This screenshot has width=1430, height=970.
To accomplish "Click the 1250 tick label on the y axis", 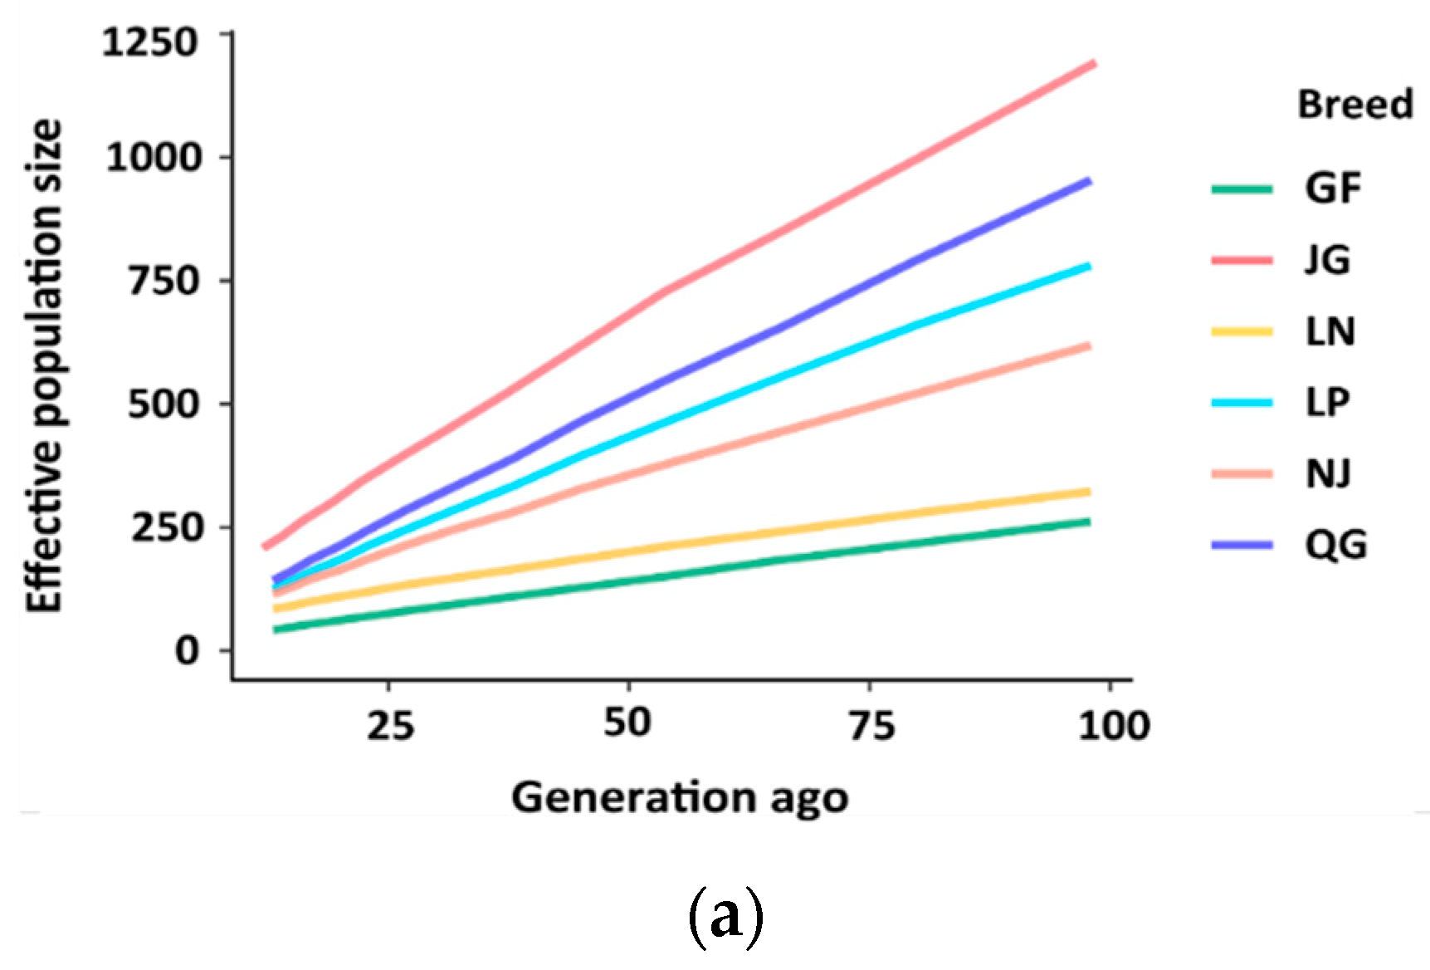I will [x=150, y=42].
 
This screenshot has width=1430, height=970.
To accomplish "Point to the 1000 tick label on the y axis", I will [x=154, y=157].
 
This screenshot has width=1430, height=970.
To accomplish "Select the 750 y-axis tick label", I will [x=163, y=281].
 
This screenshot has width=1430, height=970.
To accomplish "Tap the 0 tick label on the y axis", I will [x=188, y=649].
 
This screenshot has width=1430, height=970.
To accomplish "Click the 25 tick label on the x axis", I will [x=390, y=726].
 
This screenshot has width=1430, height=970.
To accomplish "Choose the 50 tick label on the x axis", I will [x=627, y=723].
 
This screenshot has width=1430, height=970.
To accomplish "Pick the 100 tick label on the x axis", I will [x=1114, y=726].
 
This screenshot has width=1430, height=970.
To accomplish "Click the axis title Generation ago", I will [x=679, y=797].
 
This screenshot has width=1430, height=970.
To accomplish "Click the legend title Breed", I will [x=1354, y=105].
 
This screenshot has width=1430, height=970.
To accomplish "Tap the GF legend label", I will [x=1333, y=189].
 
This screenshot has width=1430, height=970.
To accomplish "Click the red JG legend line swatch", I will [x=1242, y=260].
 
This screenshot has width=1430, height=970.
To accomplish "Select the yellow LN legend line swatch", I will [x=1242, y=331].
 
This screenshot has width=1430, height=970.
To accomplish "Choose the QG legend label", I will [x=1335, y=546].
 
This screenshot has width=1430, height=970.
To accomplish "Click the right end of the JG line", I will [x=1095, y=63].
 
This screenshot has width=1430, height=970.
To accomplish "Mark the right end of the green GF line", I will [x=1088, y=522].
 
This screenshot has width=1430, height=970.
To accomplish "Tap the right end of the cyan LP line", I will [x=1088, y=266].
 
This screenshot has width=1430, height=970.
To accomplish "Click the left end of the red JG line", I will [x=264, y=546].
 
